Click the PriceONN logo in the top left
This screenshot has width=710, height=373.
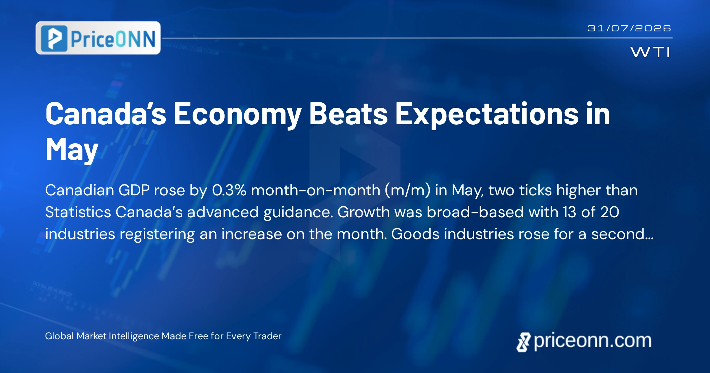[98, 38]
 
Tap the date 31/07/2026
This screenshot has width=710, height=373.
[629, 28]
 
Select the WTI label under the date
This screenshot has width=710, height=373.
[650, 52]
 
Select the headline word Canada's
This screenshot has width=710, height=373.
[106, 114]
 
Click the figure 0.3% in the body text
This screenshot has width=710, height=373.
[229, 190]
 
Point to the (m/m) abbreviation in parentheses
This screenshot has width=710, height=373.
[407, 190]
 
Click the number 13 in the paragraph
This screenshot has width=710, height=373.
[569, 212]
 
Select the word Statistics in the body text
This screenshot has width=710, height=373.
[78, 212]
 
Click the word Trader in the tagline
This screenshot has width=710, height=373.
[267, 336]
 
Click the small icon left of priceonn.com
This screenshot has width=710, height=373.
[523, 342]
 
